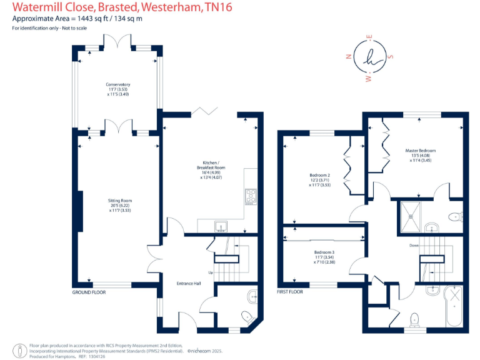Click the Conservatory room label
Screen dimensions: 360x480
tap(118, 84)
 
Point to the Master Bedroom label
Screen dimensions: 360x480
tap(420, 151)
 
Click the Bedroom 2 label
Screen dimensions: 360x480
tap(319, 175)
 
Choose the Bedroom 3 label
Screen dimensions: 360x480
tap(324, 252)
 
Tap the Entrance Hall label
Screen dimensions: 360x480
tap(188, 282)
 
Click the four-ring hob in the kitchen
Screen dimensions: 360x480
tap(251, 196)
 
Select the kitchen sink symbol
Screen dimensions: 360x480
tap(221, 226)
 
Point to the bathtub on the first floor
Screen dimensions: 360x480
tap(453, 306)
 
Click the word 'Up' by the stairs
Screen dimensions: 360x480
tap(211, 272)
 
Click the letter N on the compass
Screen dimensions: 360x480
tap(348, 56)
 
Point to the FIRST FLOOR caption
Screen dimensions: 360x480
tap(289, 292)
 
